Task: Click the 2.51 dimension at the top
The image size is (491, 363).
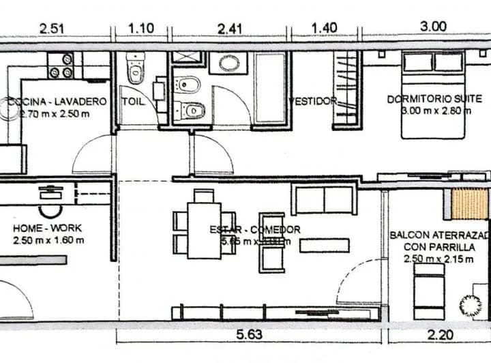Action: pyautogui.click(x=53, y=28)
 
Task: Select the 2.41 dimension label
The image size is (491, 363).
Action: pyautogui.click(x=230, y=28)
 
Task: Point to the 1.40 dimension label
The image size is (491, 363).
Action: pyautogui.click(x=324, y=28)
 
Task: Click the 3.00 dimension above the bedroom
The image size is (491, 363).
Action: pyautogui.click(x=433, y=27)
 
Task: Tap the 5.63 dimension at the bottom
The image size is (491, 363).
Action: pyautogui.click(x=250, y=334)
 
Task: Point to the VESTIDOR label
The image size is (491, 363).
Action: pyautogui.click(x=313, y=101)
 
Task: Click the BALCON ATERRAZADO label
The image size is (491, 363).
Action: pyautogui.click(x=440, y=235)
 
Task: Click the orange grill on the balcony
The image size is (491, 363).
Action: pyautogui.click(x=469, y=204)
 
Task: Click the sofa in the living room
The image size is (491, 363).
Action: pyautogui.click(x=324, y=199)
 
